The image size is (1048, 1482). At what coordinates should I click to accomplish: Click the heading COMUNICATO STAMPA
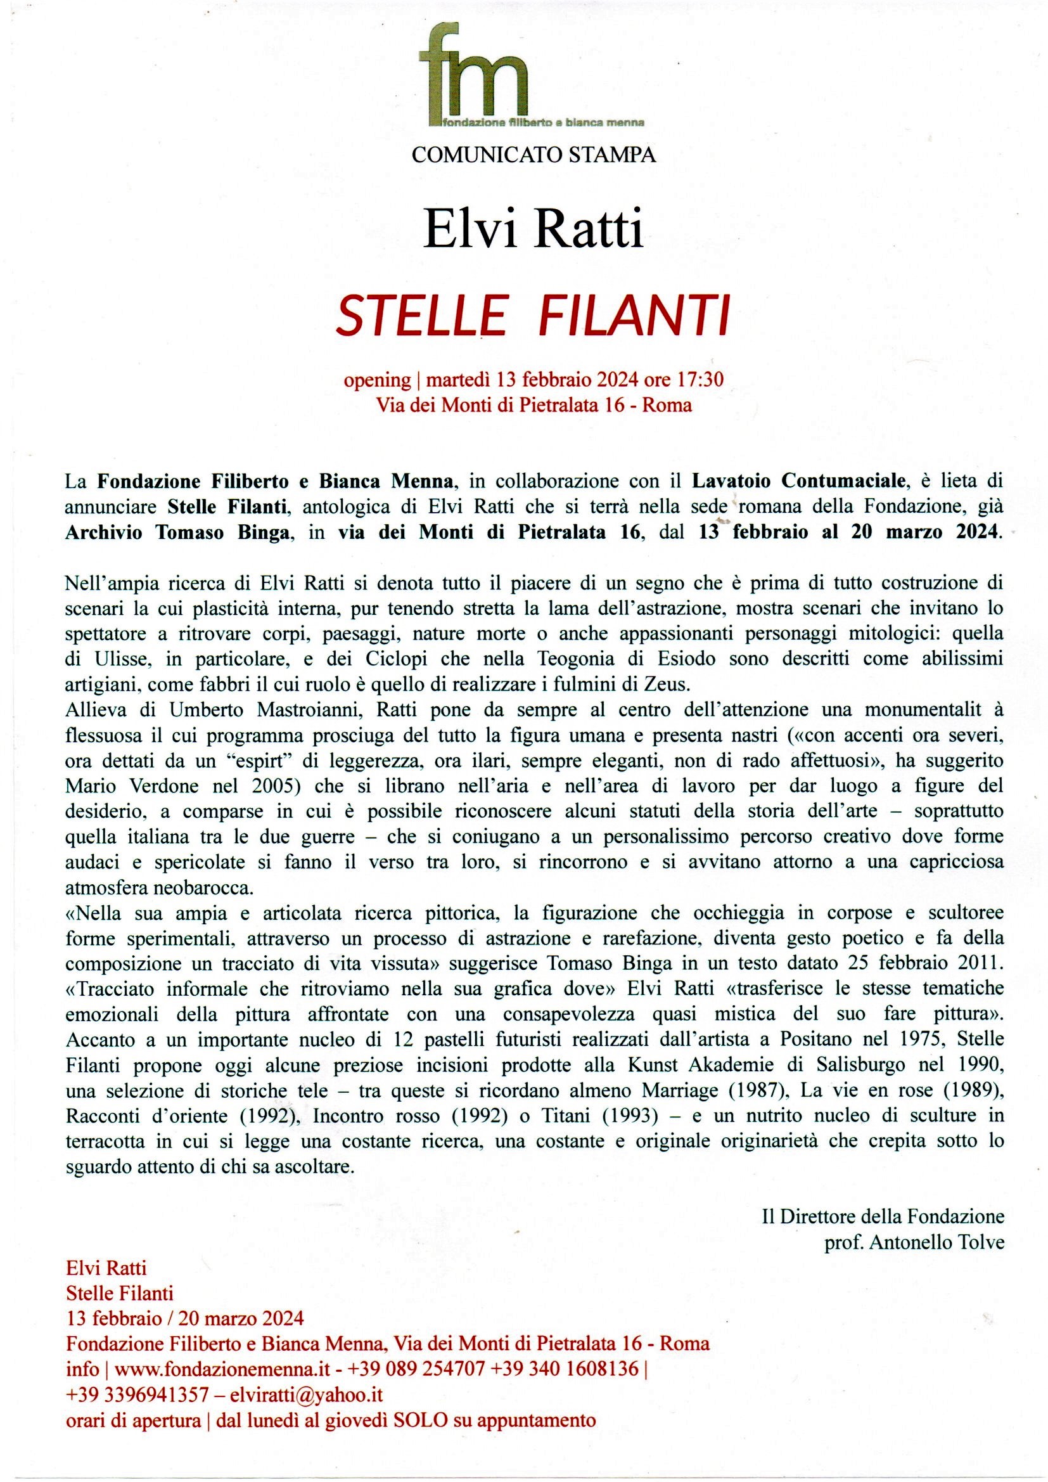click(534, 155)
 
